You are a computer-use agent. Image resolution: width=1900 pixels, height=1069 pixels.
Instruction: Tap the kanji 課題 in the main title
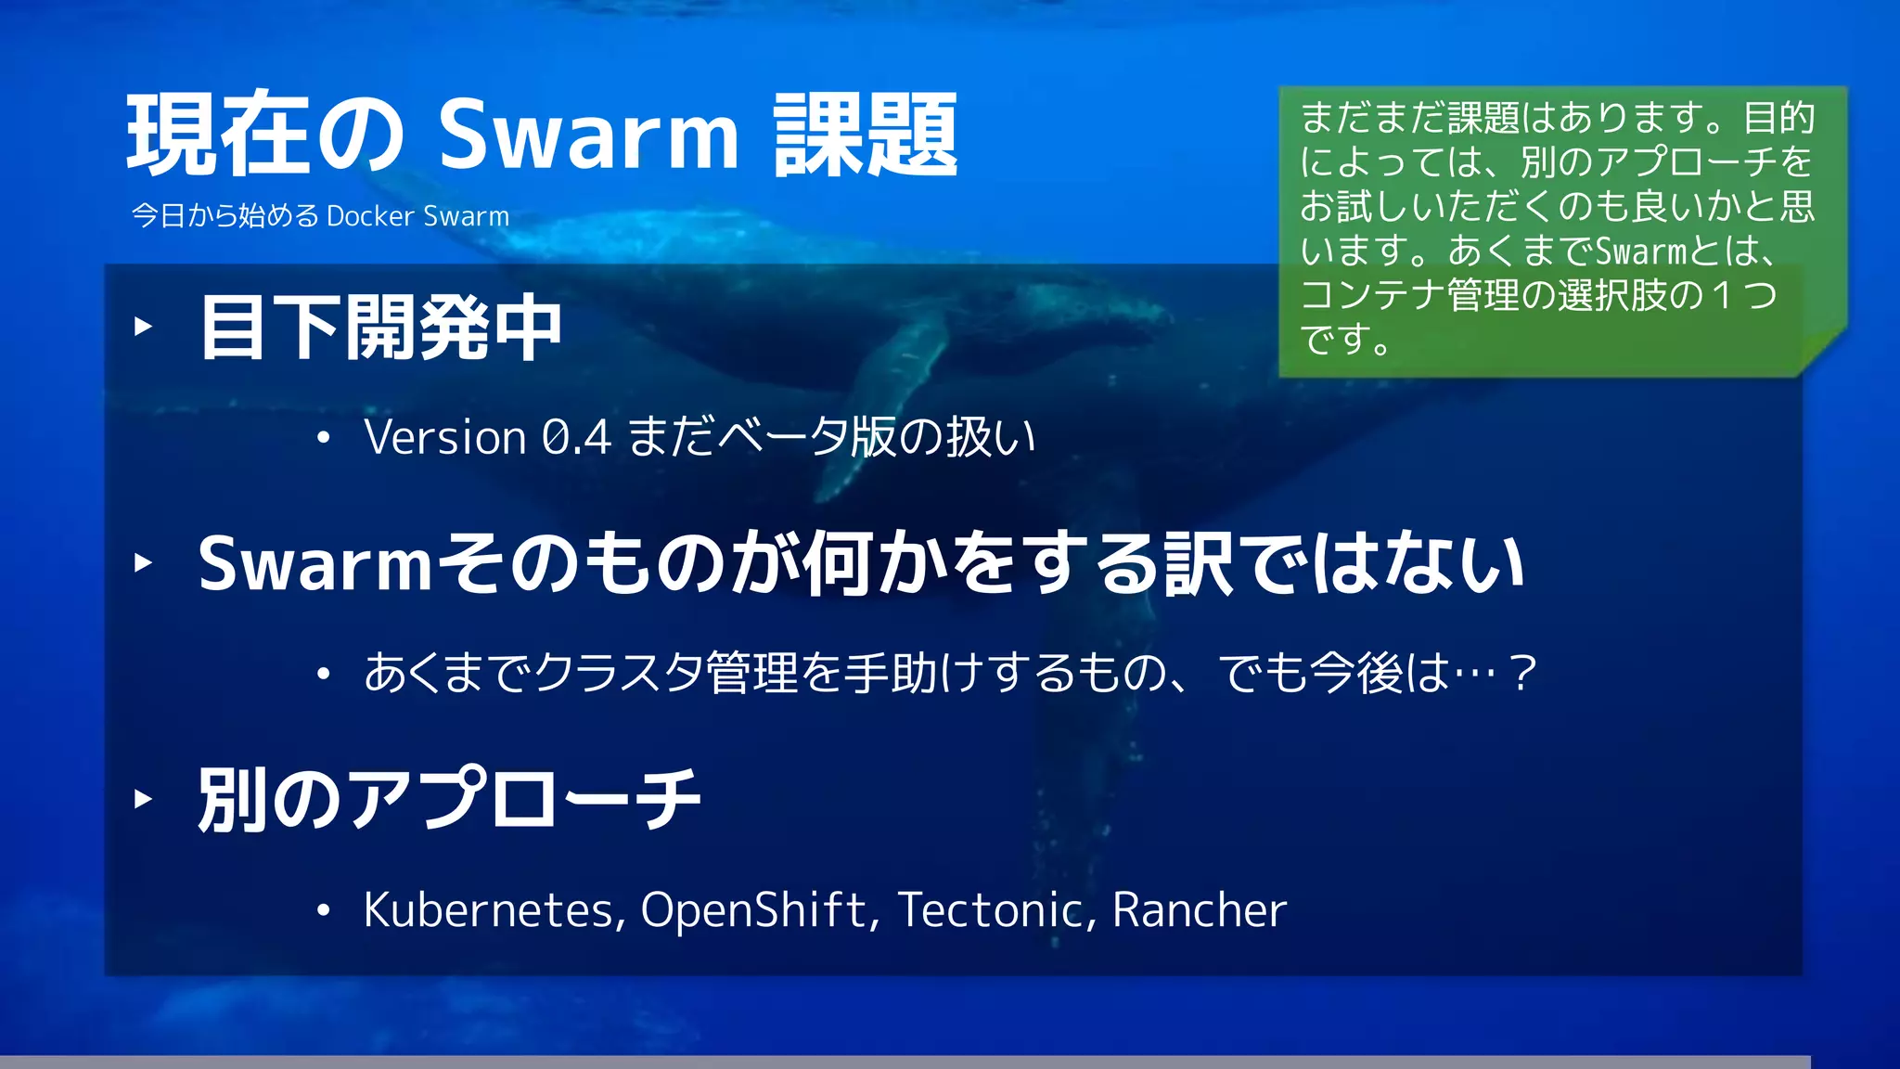click(865, 135)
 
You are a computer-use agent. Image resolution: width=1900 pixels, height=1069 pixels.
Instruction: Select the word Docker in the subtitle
click(370, 216)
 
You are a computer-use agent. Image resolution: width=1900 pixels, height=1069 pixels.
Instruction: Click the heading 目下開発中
click(380, 328)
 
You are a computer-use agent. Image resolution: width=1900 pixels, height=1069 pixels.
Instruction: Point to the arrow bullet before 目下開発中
click(143, 326)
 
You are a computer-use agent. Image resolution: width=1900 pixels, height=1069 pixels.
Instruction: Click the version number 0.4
click(576, 437)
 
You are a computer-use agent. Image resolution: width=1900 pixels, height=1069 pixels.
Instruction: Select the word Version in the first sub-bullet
click(445, 437)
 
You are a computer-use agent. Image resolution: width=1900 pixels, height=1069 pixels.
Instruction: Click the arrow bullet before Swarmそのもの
click(143, 562)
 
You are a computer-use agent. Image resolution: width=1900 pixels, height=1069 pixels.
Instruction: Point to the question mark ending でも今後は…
click(1522, 673)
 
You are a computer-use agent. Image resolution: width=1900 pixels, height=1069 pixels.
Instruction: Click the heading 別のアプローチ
click(449, 799)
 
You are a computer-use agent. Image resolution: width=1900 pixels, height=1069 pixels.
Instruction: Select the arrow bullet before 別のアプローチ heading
click(143, 798)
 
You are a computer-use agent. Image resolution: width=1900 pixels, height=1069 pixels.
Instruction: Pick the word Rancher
click(1199, 909)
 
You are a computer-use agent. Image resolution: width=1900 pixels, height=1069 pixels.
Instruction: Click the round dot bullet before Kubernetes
click(323, 911)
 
